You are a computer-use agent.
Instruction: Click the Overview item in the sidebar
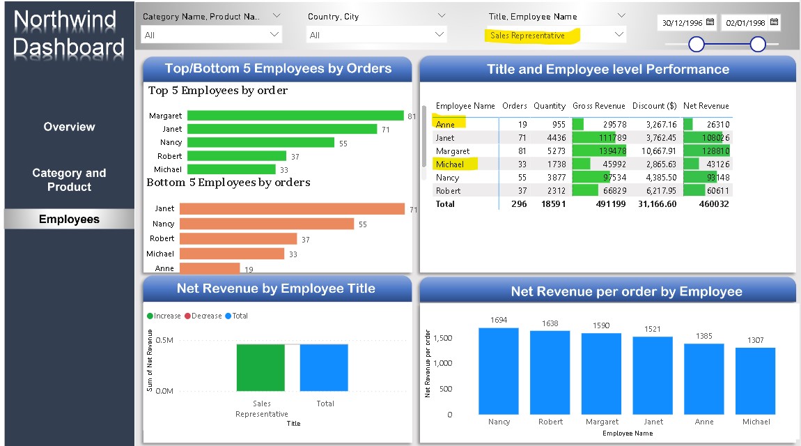coord(69,127)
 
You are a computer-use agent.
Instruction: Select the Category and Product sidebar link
coord(69,180)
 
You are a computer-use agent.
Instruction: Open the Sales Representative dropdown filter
coord(555,35)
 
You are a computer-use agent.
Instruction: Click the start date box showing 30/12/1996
coord(681,22)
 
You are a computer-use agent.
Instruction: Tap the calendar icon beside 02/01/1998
coord(772,22)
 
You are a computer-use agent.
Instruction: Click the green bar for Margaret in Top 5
coord(295,116)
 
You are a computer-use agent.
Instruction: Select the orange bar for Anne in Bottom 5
coord(209,268)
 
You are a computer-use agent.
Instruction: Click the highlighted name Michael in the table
coord(449,164)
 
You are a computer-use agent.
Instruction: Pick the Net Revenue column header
coord(706,106)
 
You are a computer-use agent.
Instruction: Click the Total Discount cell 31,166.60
coord(653,203)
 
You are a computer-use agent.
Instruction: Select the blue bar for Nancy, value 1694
coord(499,371)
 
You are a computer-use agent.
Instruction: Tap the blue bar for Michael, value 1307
coord(756,380)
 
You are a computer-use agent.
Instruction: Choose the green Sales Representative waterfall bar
coord(260,367)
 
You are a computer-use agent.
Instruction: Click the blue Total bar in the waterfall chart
coord(324,367)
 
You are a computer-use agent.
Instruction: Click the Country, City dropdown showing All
coord(377,35)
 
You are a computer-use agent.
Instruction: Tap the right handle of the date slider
coord(758,45)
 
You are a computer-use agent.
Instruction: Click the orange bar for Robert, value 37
coord(238,238)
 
